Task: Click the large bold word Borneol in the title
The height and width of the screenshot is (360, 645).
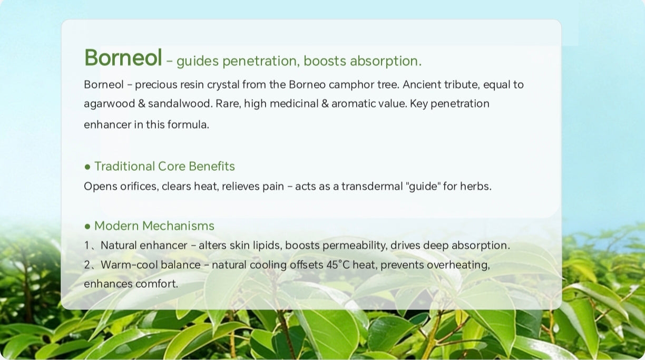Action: click(123, 57)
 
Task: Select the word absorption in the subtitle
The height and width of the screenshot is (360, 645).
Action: click(386, 61)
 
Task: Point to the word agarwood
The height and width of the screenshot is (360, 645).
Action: click(110, 104)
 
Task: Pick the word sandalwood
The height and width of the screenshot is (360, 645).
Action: click(180, 103)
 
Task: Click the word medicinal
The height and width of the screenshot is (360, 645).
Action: click(294, 103)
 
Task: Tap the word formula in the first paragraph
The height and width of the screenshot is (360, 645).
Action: click(188, 124)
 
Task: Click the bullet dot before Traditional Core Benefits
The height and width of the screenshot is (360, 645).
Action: click(87, 167)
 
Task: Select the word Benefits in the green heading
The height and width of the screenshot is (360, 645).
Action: click(212, 166)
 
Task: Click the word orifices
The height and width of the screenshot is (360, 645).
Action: click(139, 187)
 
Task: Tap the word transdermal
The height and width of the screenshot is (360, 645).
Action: click(372, 187)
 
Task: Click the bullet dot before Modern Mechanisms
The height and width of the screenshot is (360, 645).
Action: click(87, 227)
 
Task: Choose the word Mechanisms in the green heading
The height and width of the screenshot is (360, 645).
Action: click(178, 226)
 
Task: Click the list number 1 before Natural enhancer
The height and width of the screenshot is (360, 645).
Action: click(86, 246)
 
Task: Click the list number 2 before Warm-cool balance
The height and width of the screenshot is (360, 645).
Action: click(87, 265)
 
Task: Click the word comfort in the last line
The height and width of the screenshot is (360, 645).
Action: click(157, 284)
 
